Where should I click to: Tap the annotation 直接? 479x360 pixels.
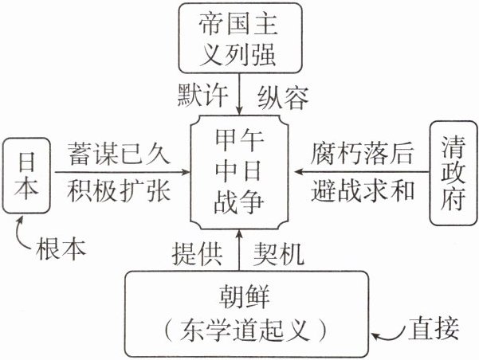(435, 326)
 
